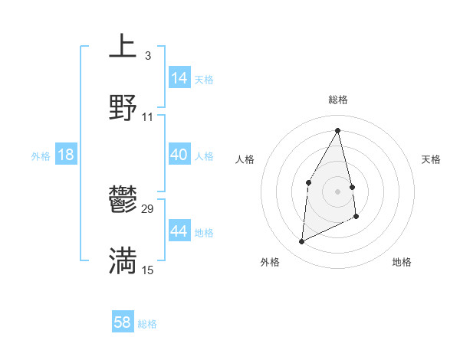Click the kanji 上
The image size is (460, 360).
pos(123,46)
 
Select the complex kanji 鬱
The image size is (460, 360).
pos(123,200)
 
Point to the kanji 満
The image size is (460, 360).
pos(123,260)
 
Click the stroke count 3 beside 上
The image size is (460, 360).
pos(147,56)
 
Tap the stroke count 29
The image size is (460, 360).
pos(148,209)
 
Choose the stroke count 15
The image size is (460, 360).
pos(148,270)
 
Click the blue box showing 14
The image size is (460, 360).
pos(179,78)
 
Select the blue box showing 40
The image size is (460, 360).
pos(179,155)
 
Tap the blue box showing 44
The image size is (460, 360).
pos(179,231)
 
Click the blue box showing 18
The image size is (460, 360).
pos(66,155)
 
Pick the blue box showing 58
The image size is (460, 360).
pos(123,322)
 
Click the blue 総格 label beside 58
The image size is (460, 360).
pos(147,324)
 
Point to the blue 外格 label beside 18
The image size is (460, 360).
pos(41,156)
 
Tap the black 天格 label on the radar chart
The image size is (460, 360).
pos(431,159)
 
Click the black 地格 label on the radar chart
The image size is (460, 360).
pos(402,262)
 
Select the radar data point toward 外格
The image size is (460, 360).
pos(301,242)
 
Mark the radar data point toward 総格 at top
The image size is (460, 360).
pos(337,130)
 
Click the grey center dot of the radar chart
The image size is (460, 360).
pos(337,191)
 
